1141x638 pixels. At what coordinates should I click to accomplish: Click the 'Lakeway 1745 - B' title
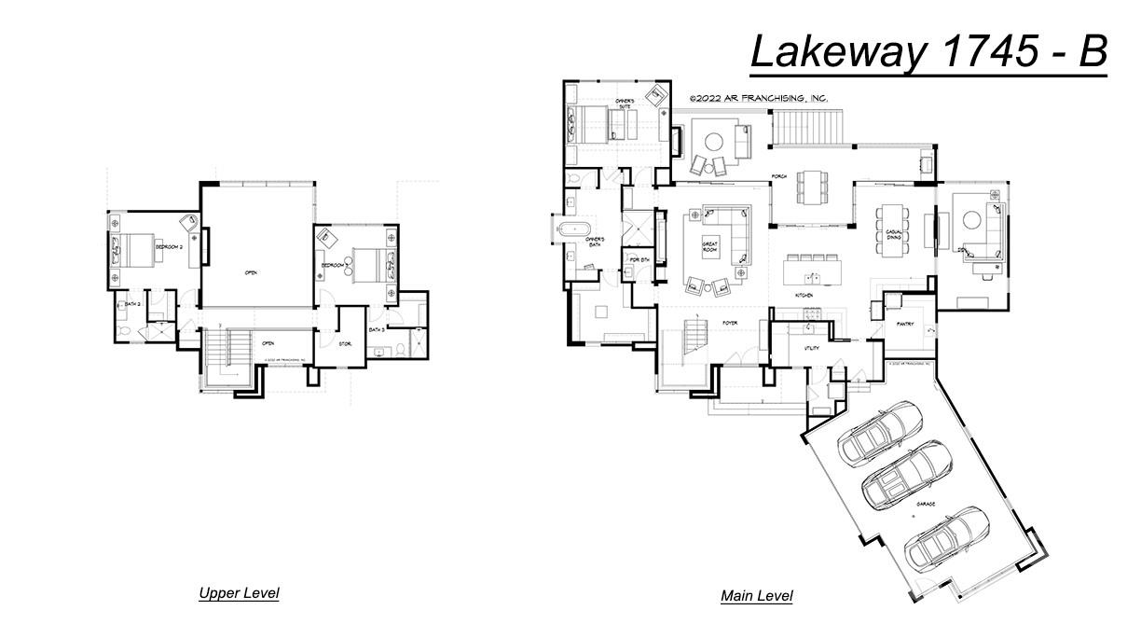pos(928,51)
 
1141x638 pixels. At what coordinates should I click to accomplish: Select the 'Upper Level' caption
pos(239,592)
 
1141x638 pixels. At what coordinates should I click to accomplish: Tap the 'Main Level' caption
pos(756,596)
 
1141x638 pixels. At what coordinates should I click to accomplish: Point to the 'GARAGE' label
pos(926,504)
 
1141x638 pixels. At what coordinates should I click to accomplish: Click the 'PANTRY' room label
pos(904,325)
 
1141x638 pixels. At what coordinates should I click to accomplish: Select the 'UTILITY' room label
pos(811,348)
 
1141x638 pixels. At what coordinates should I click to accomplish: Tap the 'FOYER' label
pos(730,323)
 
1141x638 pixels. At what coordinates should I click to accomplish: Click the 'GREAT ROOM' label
pos(710,246)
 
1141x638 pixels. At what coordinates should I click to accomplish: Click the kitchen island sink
pos(811,277)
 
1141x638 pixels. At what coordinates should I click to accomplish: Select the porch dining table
pos(812,187)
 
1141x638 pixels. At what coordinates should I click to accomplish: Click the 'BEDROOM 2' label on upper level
pos(168,247)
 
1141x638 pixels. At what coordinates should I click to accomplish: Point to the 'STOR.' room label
pos(345,344)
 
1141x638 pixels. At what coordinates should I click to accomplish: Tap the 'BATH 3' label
pos(377,330)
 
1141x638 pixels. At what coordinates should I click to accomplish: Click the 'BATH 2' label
pos(134,304)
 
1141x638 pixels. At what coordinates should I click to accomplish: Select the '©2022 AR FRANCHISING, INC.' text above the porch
pos(759,98)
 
